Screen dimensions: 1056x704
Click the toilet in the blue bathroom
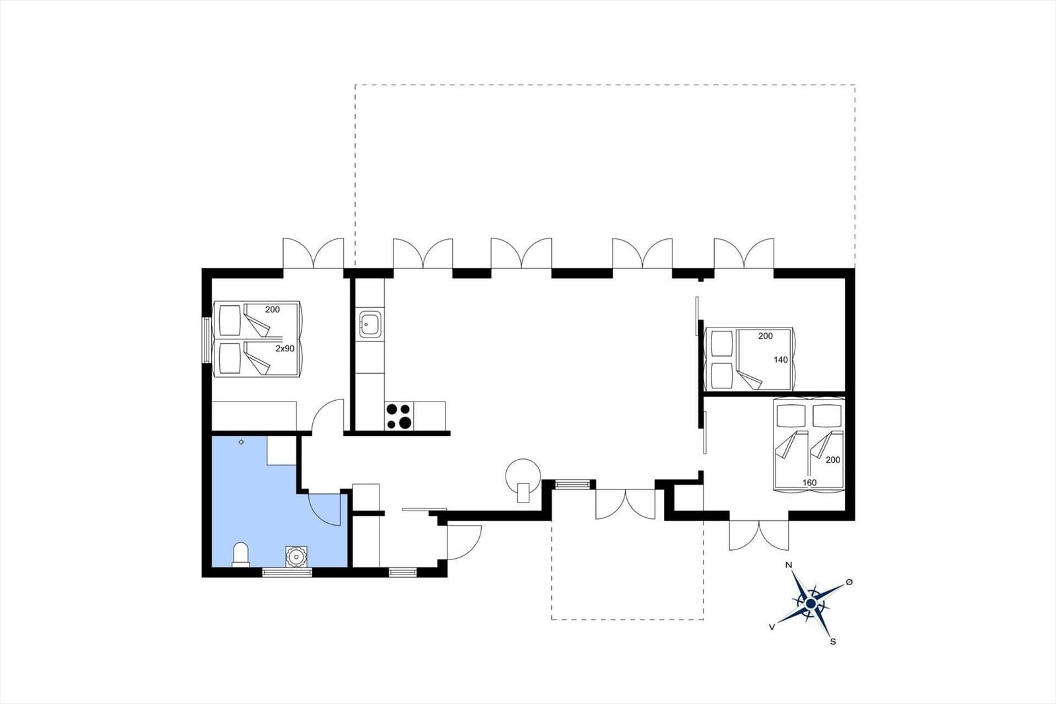tap(240, 555)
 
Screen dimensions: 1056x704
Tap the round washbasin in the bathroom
tap(296, 556)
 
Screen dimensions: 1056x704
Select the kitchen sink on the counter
tap(370, 324)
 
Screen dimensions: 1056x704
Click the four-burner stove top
tap(399, 415)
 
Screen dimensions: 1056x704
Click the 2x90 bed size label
tap(284, 349)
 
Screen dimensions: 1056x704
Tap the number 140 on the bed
tap(781, 359)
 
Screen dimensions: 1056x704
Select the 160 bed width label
tap(809, 482)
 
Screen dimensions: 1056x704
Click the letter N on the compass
tap(788, 565)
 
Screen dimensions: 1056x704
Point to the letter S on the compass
tap(833, 642)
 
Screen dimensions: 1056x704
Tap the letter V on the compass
tap(772, 627)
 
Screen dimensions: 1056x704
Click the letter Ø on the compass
tap(849, 582)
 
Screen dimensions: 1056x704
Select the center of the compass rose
tap(810, 604)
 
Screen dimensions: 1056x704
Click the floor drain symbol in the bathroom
tap(242, 442)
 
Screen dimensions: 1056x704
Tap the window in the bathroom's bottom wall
tap(287, 573)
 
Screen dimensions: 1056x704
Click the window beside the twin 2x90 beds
tap(207, 340)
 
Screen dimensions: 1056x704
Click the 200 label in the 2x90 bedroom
tap(273, 310)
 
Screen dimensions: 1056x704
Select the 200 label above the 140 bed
tap(766, 336)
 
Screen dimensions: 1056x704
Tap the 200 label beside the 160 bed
tap(833, 460)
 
